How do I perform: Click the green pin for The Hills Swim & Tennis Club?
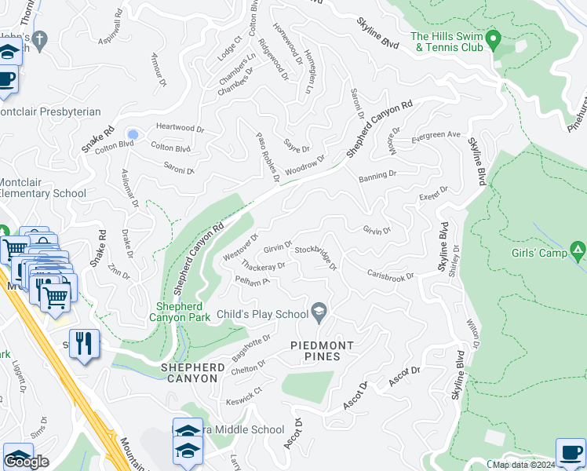(x=493, y=38)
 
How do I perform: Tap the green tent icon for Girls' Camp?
(x=578, y=252)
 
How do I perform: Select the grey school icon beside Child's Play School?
(x=319, y=314)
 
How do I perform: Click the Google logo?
(x=27, y=462)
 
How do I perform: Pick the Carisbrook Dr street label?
(x=390, y=276)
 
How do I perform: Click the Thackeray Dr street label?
(x=262, y=266)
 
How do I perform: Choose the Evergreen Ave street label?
(x=436, y=134)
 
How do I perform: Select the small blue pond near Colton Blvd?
(x=133, y=134)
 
